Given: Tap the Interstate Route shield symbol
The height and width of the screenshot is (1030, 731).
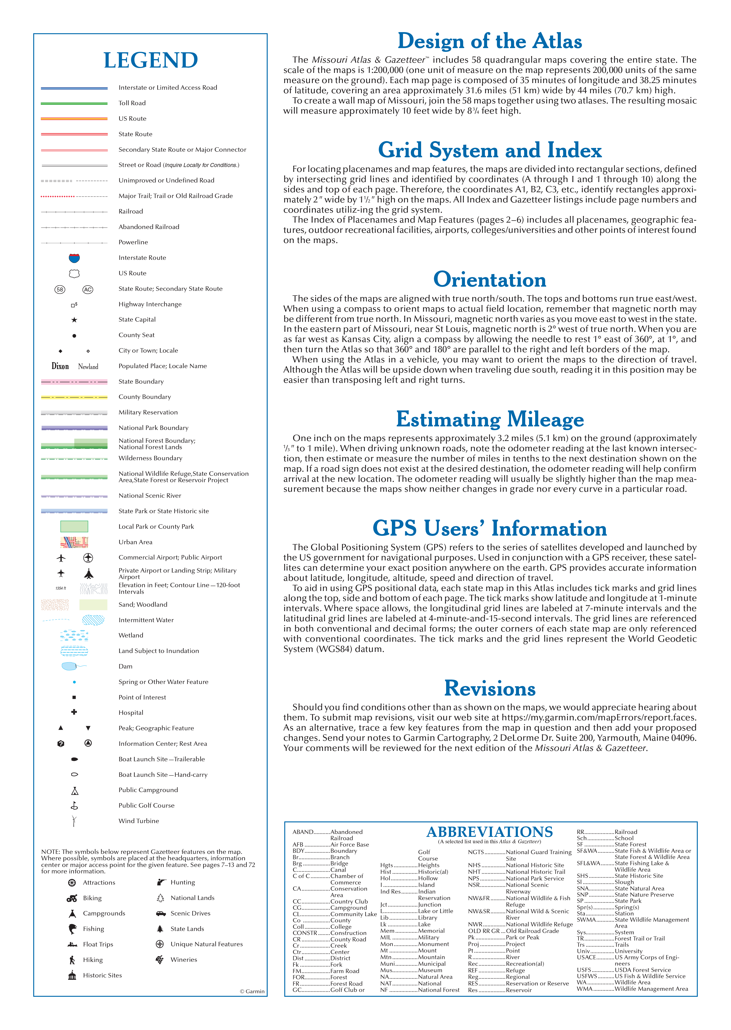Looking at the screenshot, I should click(x=74, y=258).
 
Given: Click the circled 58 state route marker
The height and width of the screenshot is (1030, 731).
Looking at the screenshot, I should click(x=60, y=289).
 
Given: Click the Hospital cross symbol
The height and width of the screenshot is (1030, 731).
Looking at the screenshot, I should click(x=74, y=712).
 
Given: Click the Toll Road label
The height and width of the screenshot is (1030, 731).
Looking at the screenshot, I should click(x=132, y=103).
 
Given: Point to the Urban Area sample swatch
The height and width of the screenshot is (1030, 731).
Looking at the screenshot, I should click(x=74, y=542).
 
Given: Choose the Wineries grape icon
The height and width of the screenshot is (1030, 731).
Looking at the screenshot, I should click(x=160, y=959).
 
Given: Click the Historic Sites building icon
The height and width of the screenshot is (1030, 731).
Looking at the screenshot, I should click(x=72, y=975).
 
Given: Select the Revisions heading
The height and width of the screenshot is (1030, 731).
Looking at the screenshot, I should click(x=490, y=688).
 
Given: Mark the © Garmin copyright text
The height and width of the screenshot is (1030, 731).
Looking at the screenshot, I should click(x=252, y=991).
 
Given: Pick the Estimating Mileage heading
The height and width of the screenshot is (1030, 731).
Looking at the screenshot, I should click(x=490, y=419).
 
